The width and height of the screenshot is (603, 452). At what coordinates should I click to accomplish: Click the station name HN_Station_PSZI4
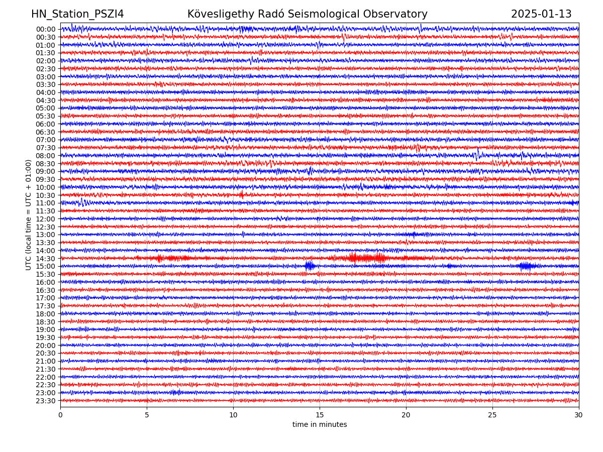click(77, 15)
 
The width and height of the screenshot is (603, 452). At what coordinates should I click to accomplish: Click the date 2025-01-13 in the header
click(541, 15)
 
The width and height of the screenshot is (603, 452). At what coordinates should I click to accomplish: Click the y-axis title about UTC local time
click(29, 214)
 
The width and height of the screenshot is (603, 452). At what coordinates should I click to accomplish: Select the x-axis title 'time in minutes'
click(320, 425)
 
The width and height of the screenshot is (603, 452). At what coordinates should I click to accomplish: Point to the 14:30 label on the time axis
click(45, 259)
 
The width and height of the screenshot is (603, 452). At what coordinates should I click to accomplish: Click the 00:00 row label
click(45, 29)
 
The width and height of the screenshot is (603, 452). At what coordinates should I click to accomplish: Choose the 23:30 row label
click(45, 401)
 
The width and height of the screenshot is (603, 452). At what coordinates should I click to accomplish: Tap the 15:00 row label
click(45, 266)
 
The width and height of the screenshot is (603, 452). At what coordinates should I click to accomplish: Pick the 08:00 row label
click(45, 156)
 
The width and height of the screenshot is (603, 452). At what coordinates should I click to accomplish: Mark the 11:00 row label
click(45, 203)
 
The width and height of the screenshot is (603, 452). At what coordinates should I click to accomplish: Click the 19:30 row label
click(45, 337)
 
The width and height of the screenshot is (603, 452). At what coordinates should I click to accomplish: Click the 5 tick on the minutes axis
click(147, 415)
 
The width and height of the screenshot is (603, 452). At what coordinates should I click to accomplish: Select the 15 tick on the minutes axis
click(320, 415)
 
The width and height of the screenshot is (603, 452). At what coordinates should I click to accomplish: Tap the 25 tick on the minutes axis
click(492, 415)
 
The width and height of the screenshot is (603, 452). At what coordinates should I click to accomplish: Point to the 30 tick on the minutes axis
click(579, 415)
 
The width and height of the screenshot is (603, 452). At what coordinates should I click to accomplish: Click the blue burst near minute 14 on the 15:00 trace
click(309, 266)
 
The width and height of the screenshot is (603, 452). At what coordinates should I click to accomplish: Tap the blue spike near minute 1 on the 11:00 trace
click(82, 202)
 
